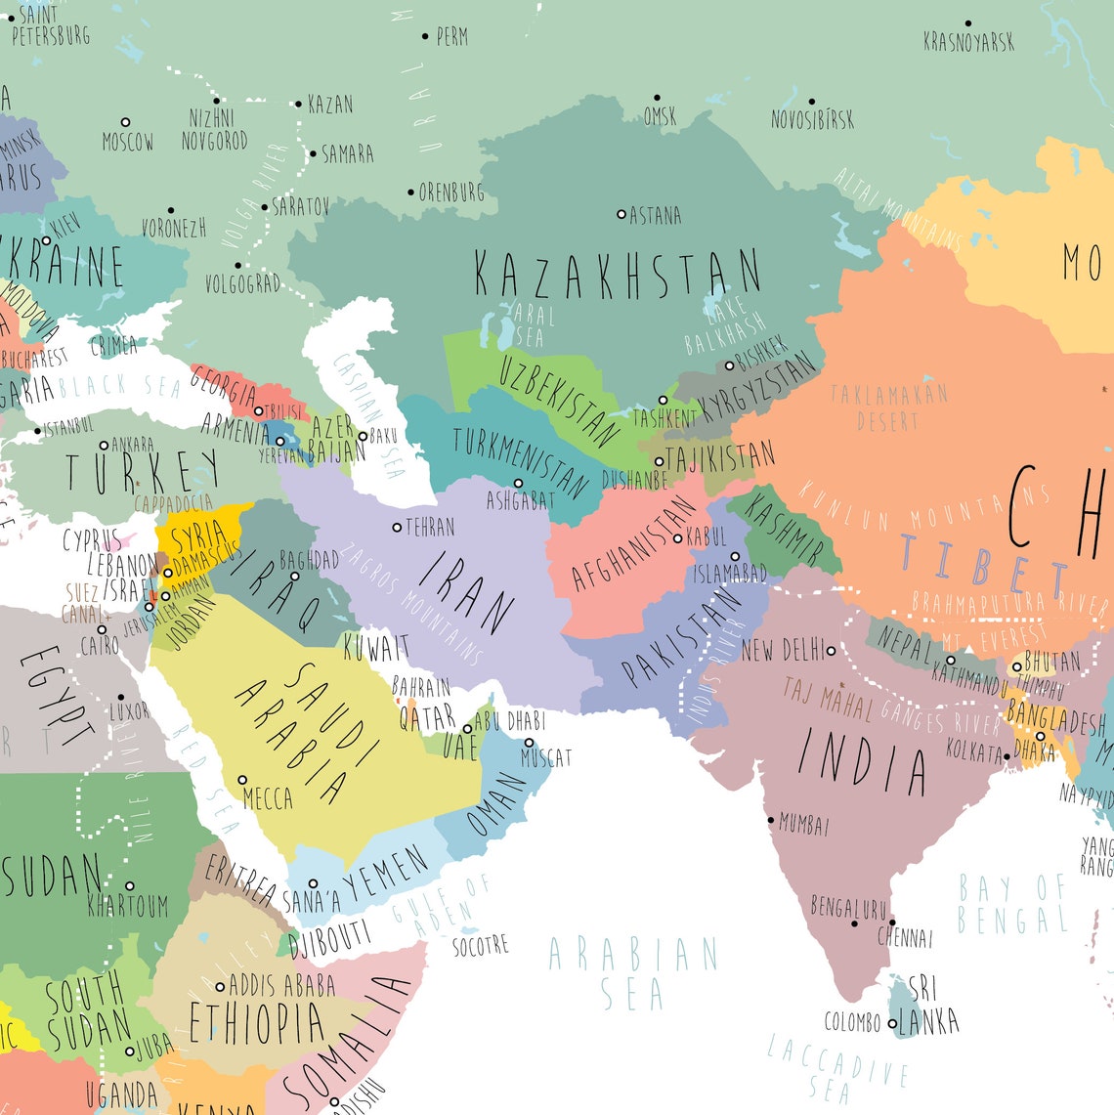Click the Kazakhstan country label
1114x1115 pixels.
click(x=617, y=273)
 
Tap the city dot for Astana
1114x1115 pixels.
click(x=621, y=213)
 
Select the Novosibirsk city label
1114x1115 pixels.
click(x=812, y=119)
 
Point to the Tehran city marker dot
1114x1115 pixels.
click(x=397, y=528)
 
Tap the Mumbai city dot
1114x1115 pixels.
click(x=771, y=820)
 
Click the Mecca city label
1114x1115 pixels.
click(x=268, y=798)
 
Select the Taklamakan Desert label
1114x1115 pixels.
click(x=888, y=407)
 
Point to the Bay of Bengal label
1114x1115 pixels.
click(x=1011, y=904)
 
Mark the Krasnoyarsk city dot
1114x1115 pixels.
click(x=968, y=23)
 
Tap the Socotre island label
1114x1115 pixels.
click(x=480, y=946)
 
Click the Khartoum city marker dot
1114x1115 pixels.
click(x=129, y=885)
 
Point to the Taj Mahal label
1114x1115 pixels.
click(x=827, y=699)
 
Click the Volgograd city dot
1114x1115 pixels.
click(x=237, y=265)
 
